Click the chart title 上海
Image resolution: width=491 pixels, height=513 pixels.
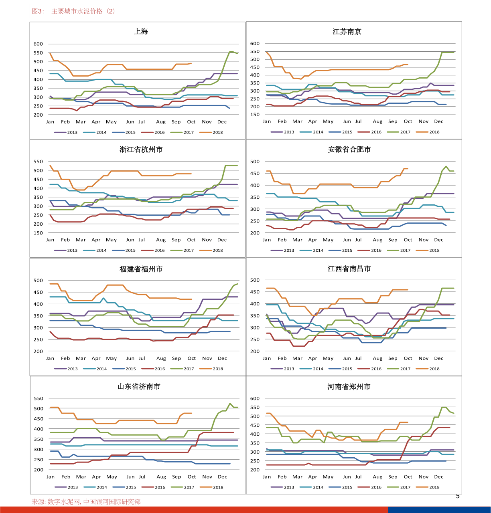(x=141, y=31)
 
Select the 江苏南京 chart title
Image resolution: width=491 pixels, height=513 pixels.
(x=347, y=32)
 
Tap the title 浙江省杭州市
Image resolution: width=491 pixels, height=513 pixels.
(x=141, y=149)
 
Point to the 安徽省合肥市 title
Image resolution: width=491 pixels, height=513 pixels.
(x=349, y=149)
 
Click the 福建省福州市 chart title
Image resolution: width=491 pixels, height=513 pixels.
(x=141, y=269)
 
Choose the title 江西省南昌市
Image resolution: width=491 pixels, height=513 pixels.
(x=349, y=269)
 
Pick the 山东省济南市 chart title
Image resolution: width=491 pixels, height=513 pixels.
(x=139, y=386)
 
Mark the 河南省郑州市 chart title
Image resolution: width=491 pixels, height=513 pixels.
(x=349, y=387)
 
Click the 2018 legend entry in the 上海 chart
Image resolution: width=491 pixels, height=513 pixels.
(x=217, y=132)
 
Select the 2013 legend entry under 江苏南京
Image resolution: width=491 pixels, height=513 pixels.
(x=289, y=132)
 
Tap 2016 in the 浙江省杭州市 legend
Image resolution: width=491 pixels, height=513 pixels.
(x=159, y=250)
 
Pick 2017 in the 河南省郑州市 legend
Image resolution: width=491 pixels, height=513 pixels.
(x=405, y=487)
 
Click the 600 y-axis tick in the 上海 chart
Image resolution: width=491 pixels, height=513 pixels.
(x=38, y=44)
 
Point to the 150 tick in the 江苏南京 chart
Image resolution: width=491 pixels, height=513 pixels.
(x=255, y=115)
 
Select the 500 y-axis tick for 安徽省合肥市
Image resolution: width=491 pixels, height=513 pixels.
(x=255, y=162)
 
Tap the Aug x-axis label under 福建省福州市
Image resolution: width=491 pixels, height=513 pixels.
(x=161, y=358)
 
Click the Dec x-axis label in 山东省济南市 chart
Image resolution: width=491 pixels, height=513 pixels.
(x=222, y=477)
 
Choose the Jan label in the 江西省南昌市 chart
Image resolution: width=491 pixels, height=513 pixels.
(x=267, y=358)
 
